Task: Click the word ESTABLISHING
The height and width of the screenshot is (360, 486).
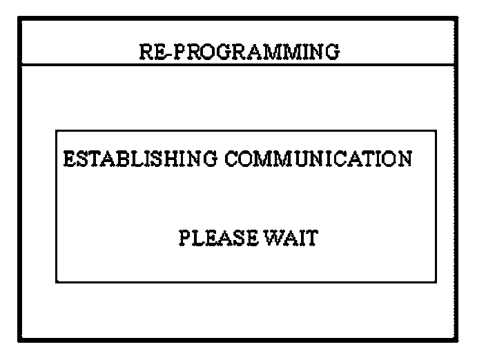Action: point(139,159)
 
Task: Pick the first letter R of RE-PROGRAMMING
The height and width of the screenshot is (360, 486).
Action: point(146,52)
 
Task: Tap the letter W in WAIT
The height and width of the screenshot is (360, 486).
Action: point(275,239)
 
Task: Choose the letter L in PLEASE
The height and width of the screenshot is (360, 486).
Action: point(195,239)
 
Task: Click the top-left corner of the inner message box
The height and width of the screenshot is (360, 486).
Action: point(57,130)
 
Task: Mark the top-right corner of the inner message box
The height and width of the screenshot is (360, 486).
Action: point(436,130)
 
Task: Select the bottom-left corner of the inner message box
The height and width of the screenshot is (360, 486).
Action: point(57,281)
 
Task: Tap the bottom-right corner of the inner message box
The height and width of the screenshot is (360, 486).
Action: point(436,281)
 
